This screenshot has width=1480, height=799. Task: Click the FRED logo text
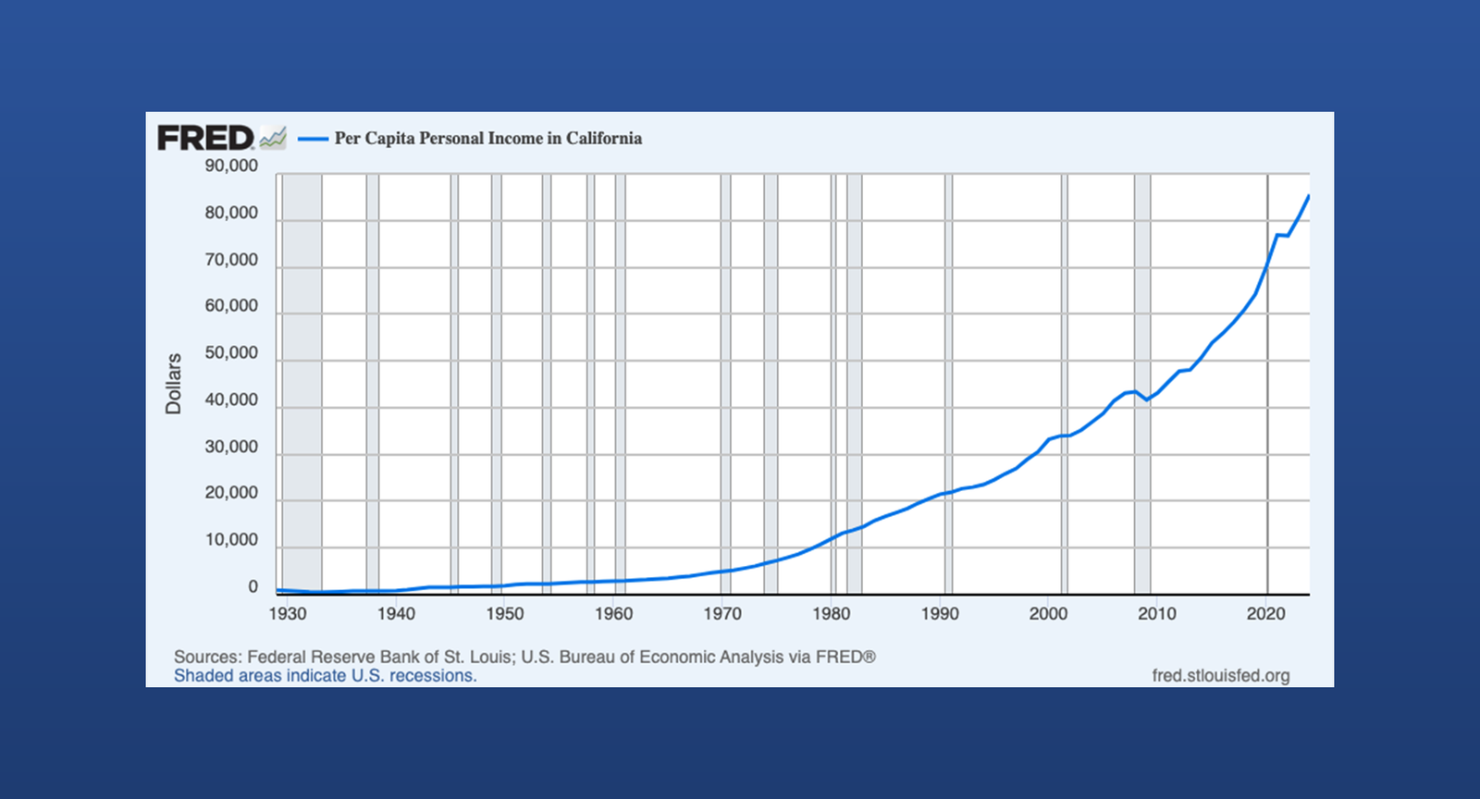[205, 138]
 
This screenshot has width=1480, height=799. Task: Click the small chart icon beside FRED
[273, 138]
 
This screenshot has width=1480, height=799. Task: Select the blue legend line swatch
[314, 139]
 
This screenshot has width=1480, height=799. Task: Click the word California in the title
[603, 139]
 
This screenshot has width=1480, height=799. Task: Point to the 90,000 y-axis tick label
[231, 166]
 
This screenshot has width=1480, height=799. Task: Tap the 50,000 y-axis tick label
[231, 353]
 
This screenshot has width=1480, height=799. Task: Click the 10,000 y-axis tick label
[231, 540]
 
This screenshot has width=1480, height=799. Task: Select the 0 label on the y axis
[253, 587]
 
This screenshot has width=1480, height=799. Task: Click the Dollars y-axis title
[173, 383]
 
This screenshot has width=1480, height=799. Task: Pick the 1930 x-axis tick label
[287, 614]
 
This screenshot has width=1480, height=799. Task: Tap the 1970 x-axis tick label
[722, 614]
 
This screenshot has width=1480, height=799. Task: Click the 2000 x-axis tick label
[1048, 614]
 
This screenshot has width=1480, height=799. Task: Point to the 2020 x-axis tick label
[1265, 614]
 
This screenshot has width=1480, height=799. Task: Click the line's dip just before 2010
[1146, 399]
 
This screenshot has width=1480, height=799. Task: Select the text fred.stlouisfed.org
[1220, 676]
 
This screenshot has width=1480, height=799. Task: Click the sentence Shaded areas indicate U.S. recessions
[325, 676]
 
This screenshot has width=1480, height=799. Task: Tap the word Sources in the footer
[207, 658]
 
